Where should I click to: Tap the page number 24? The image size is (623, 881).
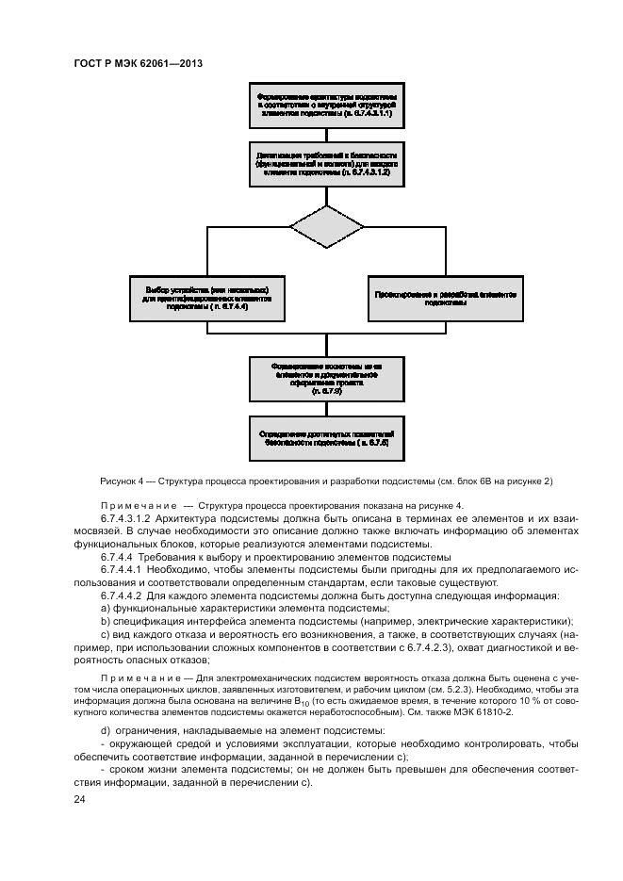tap(78, 799)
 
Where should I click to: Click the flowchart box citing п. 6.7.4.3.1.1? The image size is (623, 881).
tap(327, 104)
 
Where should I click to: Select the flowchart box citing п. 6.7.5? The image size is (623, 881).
tap(327, 377)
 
